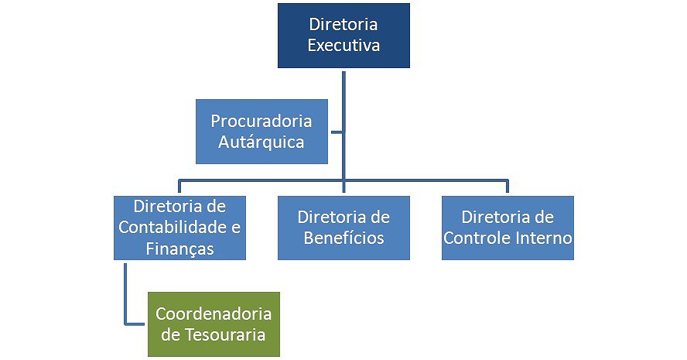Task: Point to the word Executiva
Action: (343, 46)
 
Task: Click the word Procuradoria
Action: (261, 122)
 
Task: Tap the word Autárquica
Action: (261, 142)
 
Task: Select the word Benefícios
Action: (343, 238)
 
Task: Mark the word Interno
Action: (543, 238)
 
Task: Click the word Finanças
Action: (179, 249)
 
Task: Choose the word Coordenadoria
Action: (214, 314)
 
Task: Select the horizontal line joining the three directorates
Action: (426, 180)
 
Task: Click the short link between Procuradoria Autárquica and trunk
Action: (336, 132)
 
